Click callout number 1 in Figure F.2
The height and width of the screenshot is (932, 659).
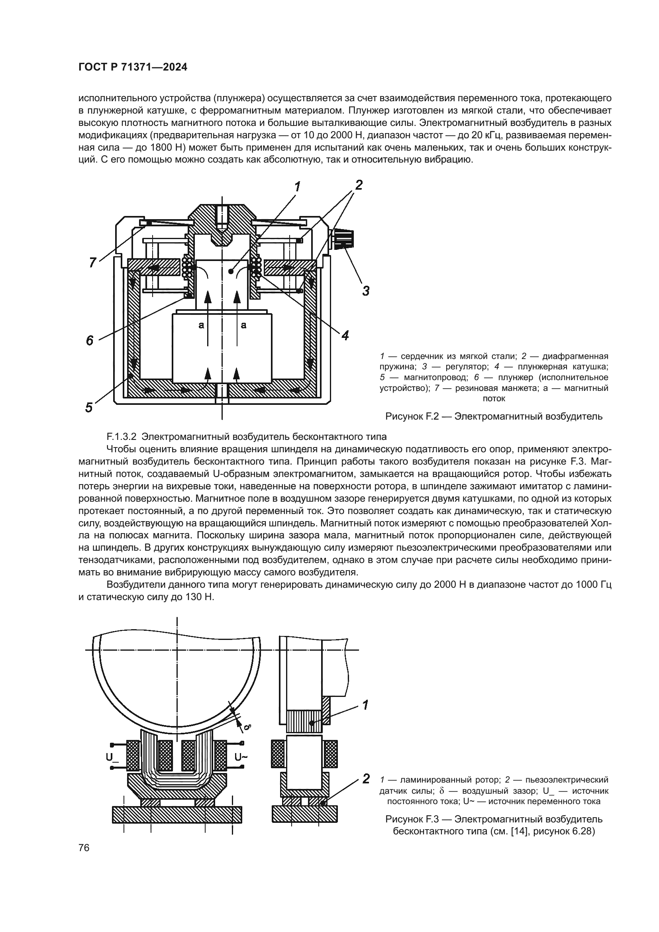pyautogui.click(x=298, y=187)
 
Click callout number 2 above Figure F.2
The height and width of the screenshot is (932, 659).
pyautogui.click(x=358, y=185)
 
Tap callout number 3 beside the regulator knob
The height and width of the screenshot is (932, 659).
pyautogui.click(x=365, y=290)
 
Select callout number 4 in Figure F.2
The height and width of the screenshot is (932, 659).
pyautogui.click(x=345, y=335)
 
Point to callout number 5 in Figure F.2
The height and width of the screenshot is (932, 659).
pyautogui.click(x=89, y=407)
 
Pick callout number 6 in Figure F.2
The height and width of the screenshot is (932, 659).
pyautogui.click(x=90, y=340)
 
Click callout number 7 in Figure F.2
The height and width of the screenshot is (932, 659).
pyautogui.click(x=92, y=263)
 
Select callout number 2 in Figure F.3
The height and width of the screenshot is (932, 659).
pyautogui.click(x=366, y=778)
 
